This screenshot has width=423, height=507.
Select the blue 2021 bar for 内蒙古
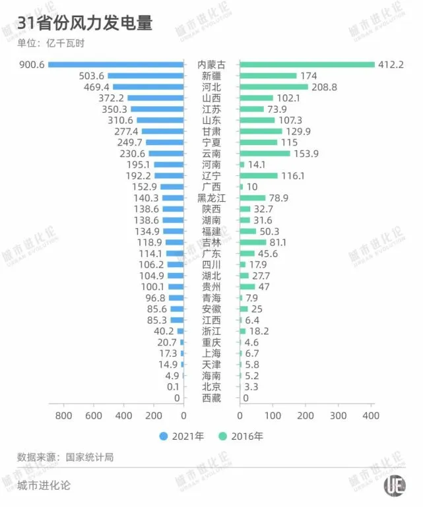(x=115, y=65)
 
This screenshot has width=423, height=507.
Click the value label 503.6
(x=92, y=76)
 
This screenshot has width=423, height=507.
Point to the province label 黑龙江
(x=212, y=198)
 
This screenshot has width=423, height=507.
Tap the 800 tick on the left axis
(x=64, y=416)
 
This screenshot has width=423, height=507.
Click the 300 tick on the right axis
(x=338, y=416)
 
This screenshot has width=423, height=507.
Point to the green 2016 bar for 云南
(x=265, y=154)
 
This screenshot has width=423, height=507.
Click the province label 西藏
(x=212, y=398)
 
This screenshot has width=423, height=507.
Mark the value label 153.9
(x=306, y=154)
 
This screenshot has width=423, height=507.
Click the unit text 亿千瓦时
(x=65, y=44)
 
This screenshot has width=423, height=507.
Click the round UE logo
(x=394, y=484)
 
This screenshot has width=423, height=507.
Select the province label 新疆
(x=212, y=76)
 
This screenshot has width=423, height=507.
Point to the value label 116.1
(x=294, y=176)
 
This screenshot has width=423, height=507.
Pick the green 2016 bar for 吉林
(x=253, y=242)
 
